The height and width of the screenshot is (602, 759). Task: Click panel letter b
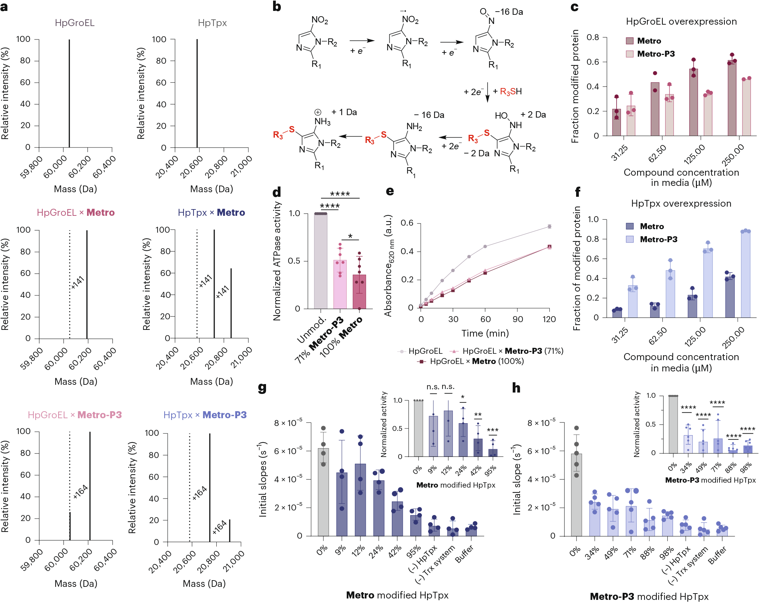point(277,7)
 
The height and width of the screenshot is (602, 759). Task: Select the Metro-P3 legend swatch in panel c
point(630,54)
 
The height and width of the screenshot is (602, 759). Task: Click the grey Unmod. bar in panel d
point(320,261)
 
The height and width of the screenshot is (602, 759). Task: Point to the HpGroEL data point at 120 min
point(549,226)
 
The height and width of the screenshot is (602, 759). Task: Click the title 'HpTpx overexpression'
point(681,203)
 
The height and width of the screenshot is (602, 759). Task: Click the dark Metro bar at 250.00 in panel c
point(732,98)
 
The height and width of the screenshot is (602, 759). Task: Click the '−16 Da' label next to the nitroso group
point(509,12)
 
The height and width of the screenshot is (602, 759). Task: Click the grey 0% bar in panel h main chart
point(576,495)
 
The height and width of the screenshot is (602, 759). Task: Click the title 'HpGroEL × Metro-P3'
point(75,415)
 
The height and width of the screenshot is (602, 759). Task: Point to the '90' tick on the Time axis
point(517,319)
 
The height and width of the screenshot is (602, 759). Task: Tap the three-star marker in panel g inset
point(492,430)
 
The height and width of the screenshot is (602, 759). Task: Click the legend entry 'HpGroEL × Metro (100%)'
point(472,361)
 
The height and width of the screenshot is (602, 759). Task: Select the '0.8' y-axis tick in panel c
point(592,37)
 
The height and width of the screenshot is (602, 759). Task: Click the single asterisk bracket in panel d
point(350,237)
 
